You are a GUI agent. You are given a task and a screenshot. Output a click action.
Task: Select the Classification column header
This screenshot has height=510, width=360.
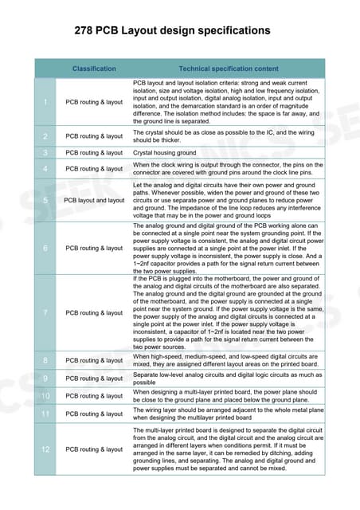[x=94, y=69]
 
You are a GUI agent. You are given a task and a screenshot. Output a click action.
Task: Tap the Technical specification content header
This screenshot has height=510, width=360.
[x=229, y=69]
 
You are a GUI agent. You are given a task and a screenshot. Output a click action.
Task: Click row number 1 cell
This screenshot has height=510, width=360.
[x=45, y=102]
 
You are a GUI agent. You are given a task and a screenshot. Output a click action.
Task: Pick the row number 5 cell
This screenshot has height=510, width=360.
[x=45, y=200]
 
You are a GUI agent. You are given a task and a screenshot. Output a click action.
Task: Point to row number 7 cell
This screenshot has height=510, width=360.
[x=45, y=312]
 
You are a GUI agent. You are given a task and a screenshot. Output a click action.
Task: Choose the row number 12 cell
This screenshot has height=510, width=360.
[x=45, y=449]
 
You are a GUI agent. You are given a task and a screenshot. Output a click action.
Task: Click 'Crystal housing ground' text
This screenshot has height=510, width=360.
[x=164, y=152]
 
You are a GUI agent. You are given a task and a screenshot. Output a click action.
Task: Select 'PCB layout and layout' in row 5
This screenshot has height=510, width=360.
[x=94, y=200]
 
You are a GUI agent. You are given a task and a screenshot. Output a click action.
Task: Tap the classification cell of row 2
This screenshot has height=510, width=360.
[x=94, y=136]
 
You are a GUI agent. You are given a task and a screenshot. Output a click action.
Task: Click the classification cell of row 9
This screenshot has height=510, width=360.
[x=94, y=378]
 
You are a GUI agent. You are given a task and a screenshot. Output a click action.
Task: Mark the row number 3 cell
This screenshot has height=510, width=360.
[x=45, y=152]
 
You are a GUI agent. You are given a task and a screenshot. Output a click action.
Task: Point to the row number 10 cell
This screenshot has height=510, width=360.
[x=45, y=395]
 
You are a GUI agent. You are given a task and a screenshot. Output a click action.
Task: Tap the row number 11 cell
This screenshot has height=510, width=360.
[x=45, y=414]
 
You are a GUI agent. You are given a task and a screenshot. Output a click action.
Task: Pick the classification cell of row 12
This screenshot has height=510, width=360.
[x=94, y=449]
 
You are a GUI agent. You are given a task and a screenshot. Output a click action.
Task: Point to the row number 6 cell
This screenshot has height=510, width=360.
[x=45, y=248]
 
